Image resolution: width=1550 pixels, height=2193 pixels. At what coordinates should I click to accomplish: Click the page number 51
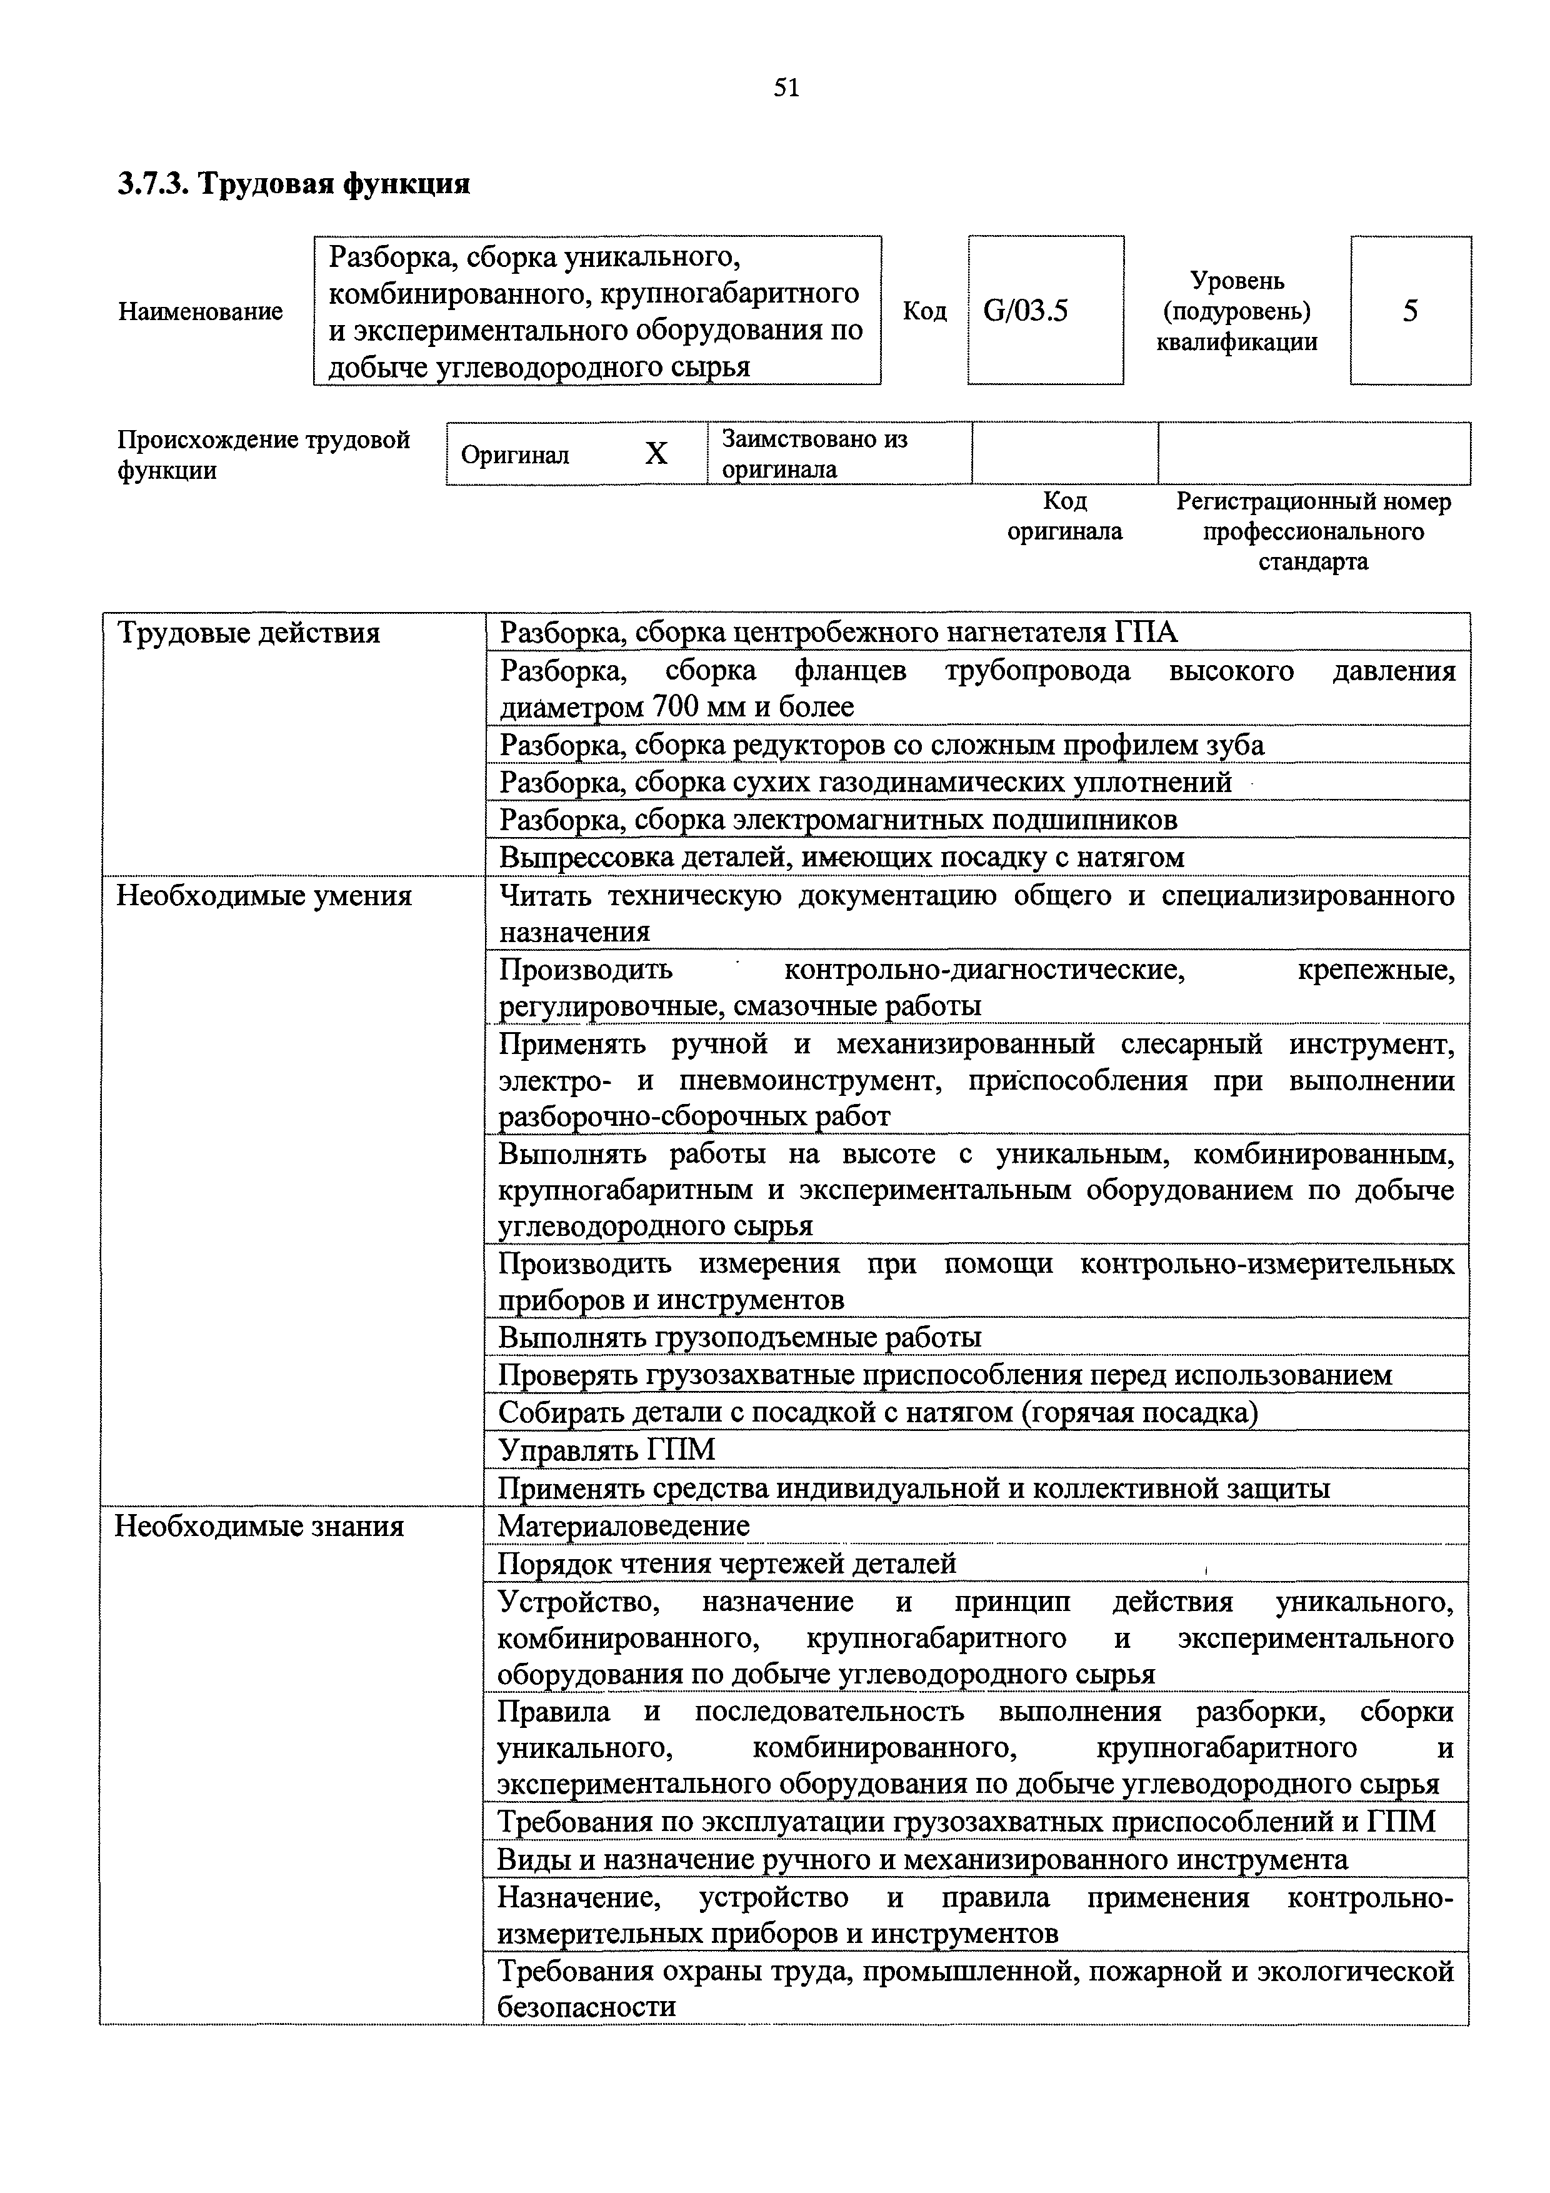(x=786, y=88)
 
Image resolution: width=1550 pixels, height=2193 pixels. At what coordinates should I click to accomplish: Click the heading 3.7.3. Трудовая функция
(x=294, y=183)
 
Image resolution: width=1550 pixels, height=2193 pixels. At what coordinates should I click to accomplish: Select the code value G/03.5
(x=1026, y=311)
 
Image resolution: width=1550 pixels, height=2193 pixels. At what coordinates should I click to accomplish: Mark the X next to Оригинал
(x=656, y=454)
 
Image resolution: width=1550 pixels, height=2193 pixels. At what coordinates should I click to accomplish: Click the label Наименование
(x=201, y=311)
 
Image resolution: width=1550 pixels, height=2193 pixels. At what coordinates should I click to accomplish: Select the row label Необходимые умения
(x=264, y=896)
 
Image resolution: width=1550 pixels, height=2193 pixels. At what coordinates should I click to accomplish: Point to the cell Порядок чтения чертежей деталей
(x=727, y=1563)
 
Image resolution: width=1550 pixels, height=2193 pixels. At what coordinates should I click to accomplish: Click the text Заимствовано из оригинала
(x=814, y=454)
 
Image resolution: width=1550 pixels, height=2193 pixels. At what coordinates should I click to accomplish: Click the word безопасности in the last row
(x=586, y=2007)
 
